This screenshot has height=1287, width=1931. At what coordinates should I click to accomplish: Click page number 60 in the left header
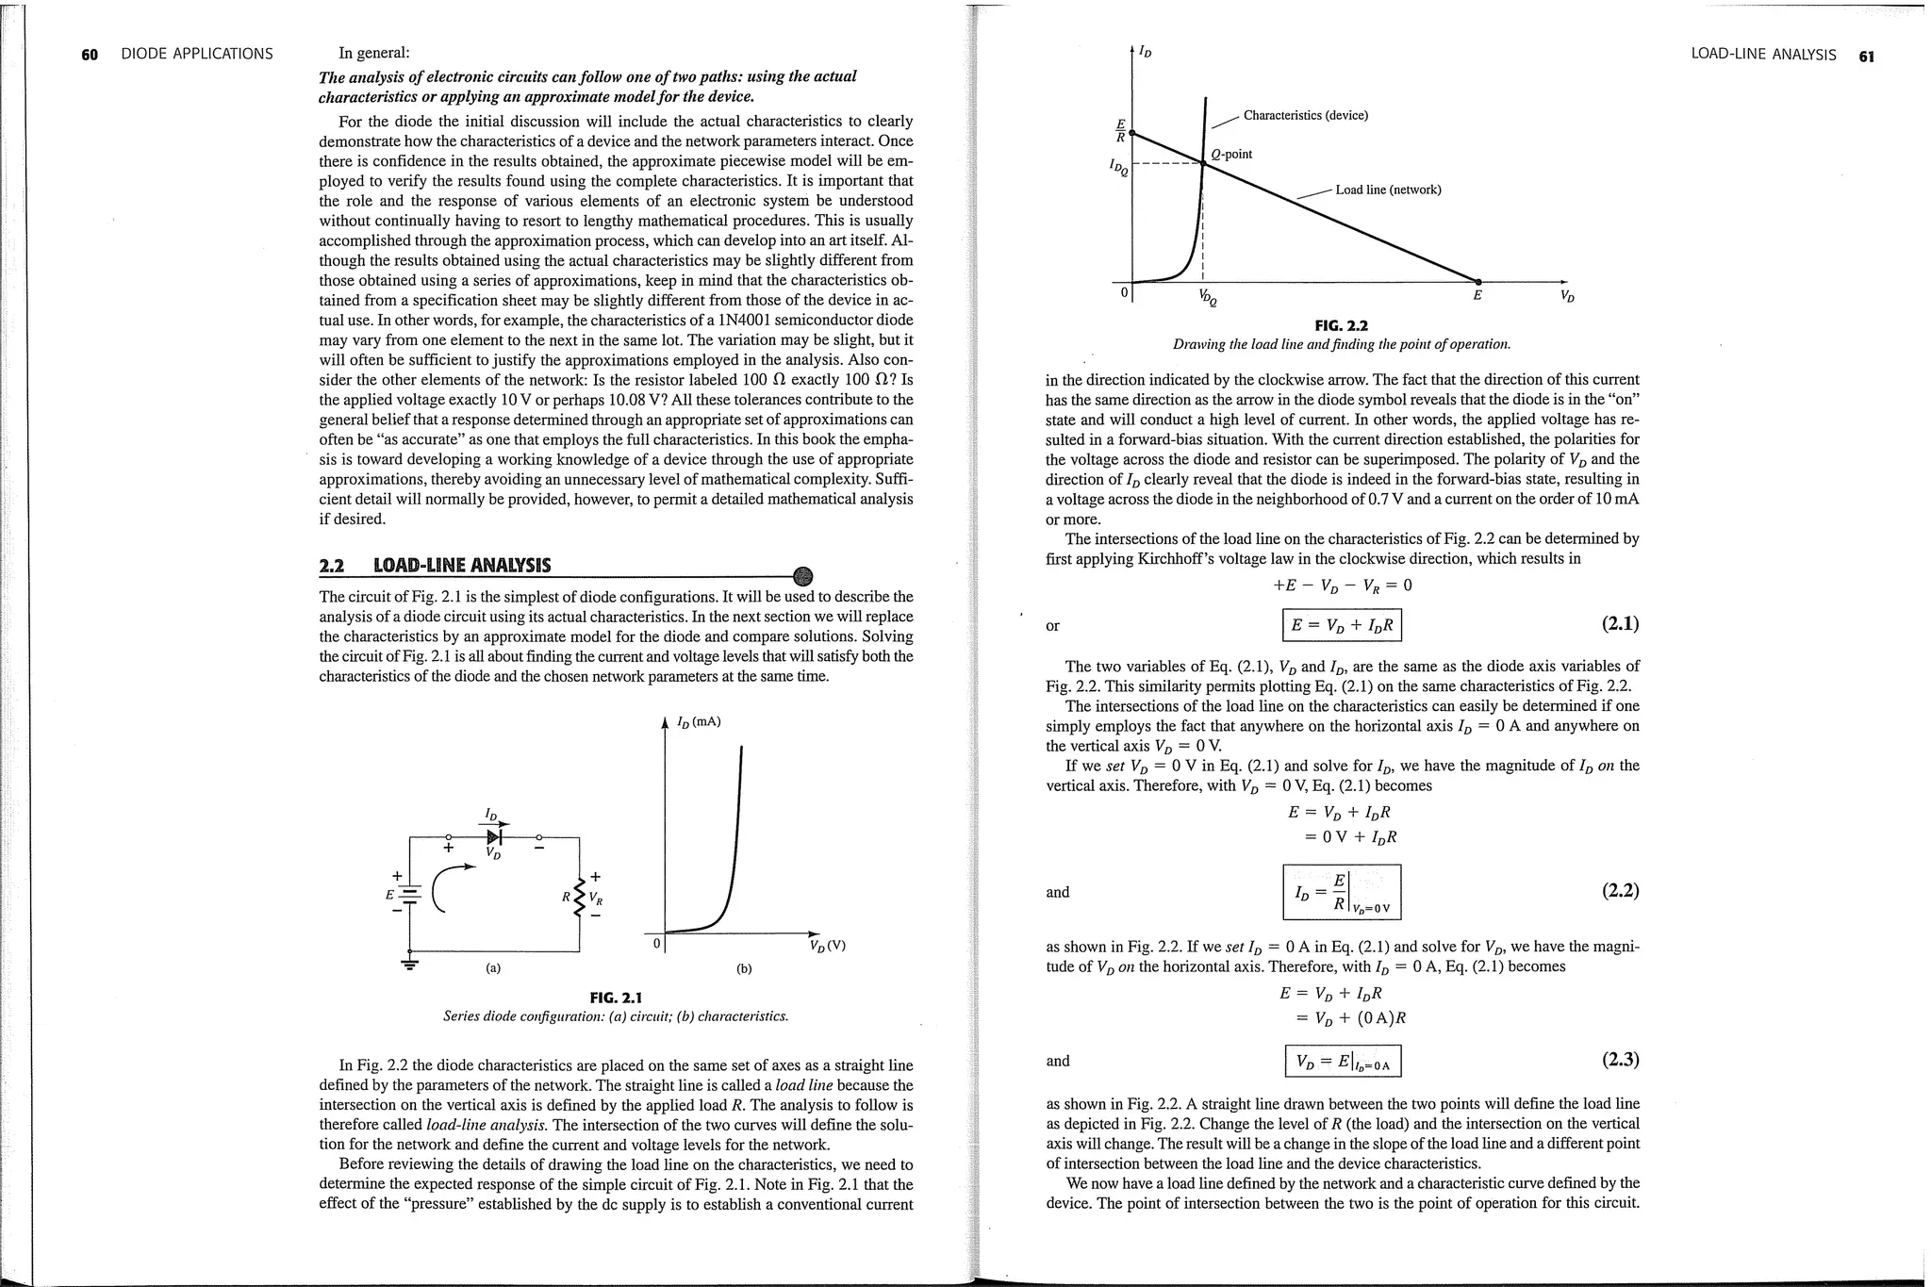tap(90, 55)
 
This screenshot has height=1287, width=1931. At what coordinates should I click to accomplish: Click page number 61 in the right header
tap(1866, 56)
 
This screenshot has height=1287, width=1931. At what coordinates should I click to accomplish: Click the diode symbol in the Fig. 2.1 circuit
tap(495, 835)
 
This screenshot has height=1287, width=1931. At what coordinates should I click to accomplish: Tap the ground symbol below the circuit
tap(409, 965)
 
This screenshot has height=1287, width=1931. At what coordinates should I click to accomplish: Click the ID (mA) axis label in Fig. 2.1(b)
tap(698, 722)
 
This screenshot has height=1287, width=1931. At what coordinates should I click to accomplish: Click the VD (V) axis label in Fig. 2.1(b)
tap(827, 946)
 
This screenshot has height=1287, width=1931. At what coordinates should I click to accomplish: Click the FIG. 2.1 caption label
tap(615, 998)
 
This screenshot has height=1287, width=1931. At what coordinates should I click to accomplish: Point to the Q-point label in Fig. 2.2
tap(1231, 154)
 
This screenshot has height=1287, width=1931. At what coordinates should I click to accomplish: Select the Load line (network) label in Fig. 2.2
tap(1388, 190)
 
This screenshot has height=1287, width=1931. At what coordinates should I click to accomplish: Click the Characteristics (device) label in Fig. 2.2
tap(1305, 115)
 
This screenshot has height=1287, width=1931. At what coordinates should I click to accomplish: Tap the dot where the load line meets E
tap(1477, 281)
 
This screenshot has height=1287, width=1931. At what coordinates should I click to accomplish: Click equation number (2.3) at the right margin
tap(1620, 1060)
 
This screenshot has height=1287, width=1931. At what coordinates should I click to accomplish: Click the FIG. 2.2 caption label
tap(1341, 325)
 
